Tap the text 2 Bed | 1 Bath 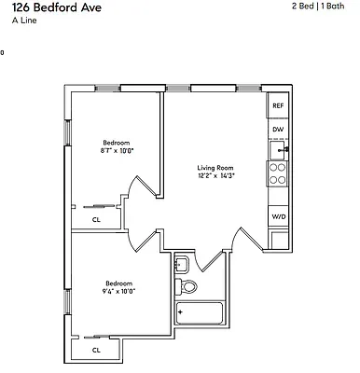(323, 7)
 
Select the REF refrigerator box (277, 106)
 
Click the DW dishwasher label (277, 130)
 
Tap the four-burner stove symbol (277, 173)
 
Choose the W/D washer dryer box (277, 216)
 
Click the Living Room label (215, 168)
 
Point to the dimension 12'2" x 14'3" (215, 176)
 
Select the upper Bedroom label (116, 142)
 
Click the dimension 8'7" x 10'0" (116, 150)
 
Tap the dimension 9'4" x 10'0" (118, 291)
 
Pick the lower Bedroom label (118, 283)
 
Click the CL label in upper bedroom (96, 220)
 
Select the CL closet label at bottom (96, 351)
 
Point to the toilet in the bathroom (187, 285)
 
